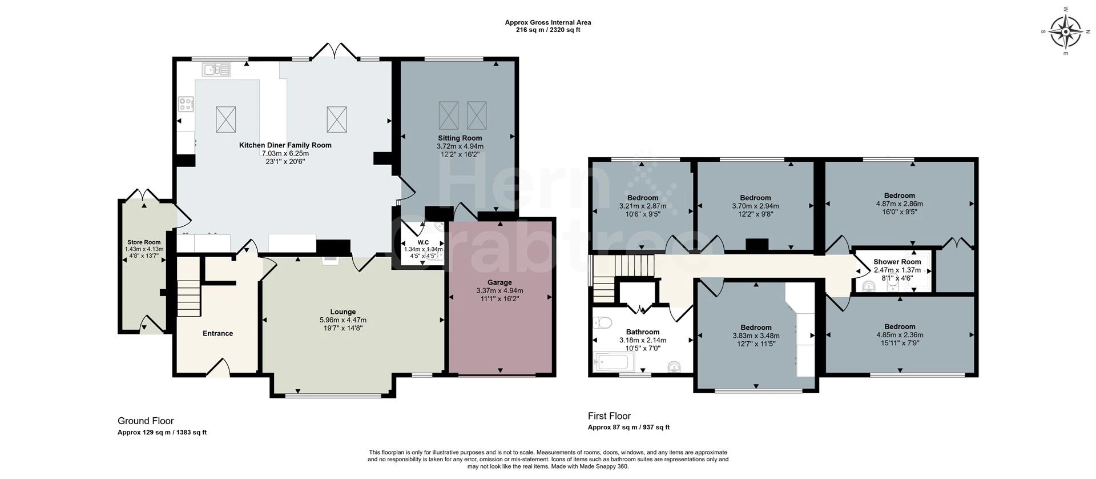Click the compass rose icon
(1066, 31)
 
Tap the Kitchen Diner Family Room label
(285, 145)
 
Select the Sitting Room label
(460, 138)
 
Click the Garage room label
(499, 282)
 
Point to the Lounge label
(342, 312)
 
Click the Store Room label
(144, 242)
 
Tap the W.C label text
(423, 242)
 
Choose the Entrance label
(217, 333)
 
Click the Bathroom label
(643, 332)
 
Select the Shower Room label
(897, 262)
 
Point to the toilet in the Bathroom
(603, 323)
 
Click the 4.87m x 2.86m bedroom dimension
(899, 203)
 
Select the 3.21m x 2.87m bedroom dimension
(643, 206)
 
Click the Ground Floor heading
(146, 421)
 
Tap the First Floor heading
(610, 416)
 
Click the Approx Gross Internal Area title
(548, 23)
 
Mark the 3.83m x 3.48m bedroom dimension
(756, 336)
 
